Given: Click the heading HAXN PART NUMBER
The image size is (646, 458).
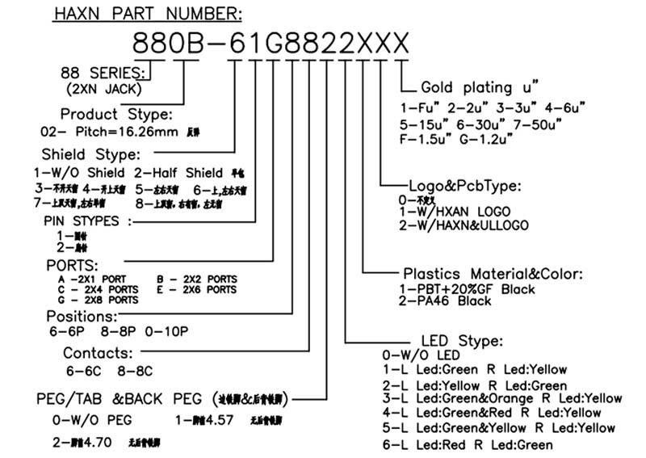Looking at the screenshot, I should (x=146, y=14).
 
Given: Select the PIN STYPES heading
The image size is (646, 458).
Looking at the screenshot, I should (x=80, y=221).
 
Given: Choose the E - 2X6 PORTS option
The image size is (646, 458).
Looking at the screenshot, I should (x=197, y=288).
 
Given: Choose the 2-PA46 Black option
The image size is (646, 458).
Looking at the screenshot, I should (x=445, y=300).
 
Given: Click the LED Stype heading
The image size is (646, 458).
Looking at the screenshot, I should (x=463, y=340).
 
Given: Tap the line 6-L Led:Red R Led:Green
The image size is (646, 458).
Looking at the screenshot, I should (x=468, y=445).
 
